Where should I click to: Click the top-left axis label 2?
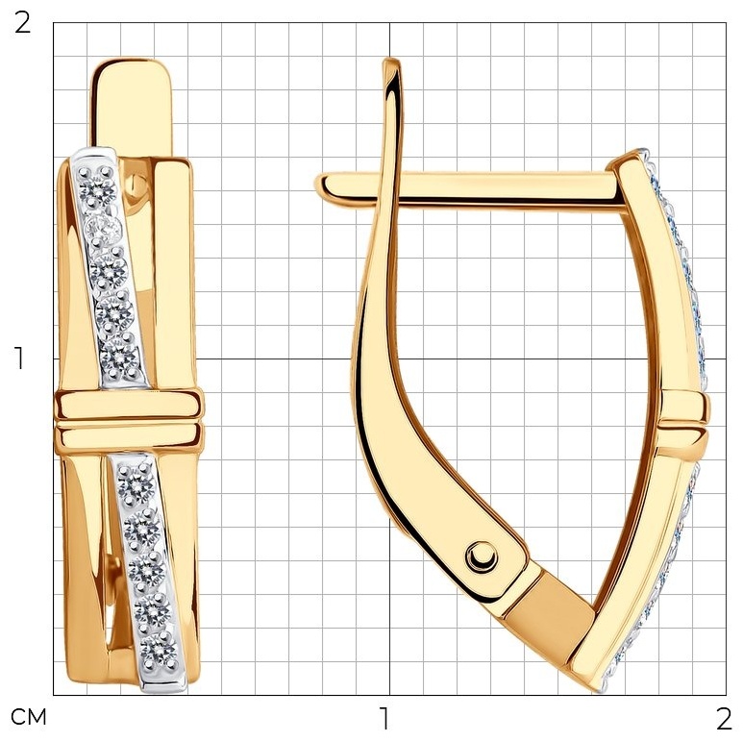(x=22, y=23)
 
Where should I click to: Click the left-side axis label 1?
(x=19, y=358)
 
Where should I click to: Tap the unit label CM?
(x=29, y=717)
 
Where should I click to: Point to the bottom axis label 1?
(x=384, y=719)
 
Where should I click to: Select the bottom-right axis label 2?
(x=724, y=719)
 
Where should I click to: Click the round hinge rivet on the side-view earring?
(x=482, y=556)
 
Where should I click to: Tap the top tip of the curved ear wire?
(x=391, y=60)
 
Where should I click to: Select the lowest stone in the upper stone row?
(x=119, y=358)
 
